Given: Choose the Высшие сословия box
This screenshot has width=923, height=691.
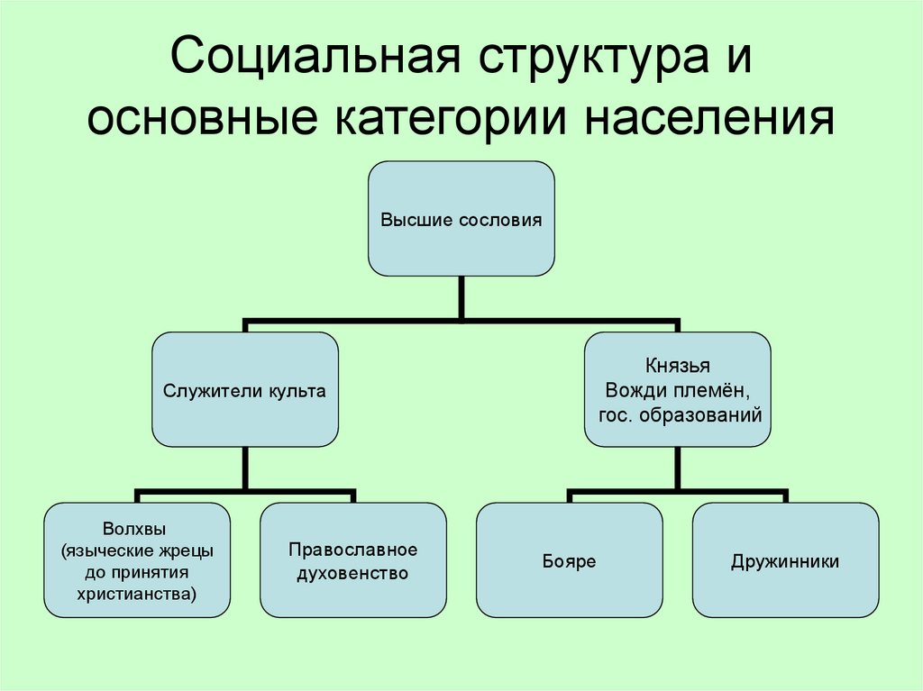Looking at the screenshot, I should [461, 219].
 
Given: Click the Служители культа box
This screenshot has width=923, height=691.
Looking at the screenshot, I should [244, 390].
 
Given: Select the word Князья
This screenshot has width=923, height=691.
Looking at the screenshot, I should [677, 366].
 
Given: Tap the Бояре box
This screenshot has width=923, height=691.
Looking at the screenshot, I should [569, 560].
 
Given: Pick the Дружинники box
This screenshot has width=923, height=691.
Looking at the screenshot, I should [785, 560].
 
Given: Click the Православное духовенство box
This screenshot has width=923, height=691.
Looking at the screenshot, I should [352, 560].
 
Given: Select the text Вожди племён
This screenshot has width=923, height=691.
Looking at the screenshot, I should [677, 390].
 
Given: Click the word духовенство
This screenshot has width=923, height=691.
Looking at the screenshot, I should [352, 573].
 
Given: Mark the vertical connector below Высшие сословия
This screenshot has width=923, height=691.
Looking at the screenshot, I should [461, 296].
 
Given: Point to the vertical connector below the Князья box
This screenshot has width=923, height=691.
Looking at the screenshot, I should [677, 468].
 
